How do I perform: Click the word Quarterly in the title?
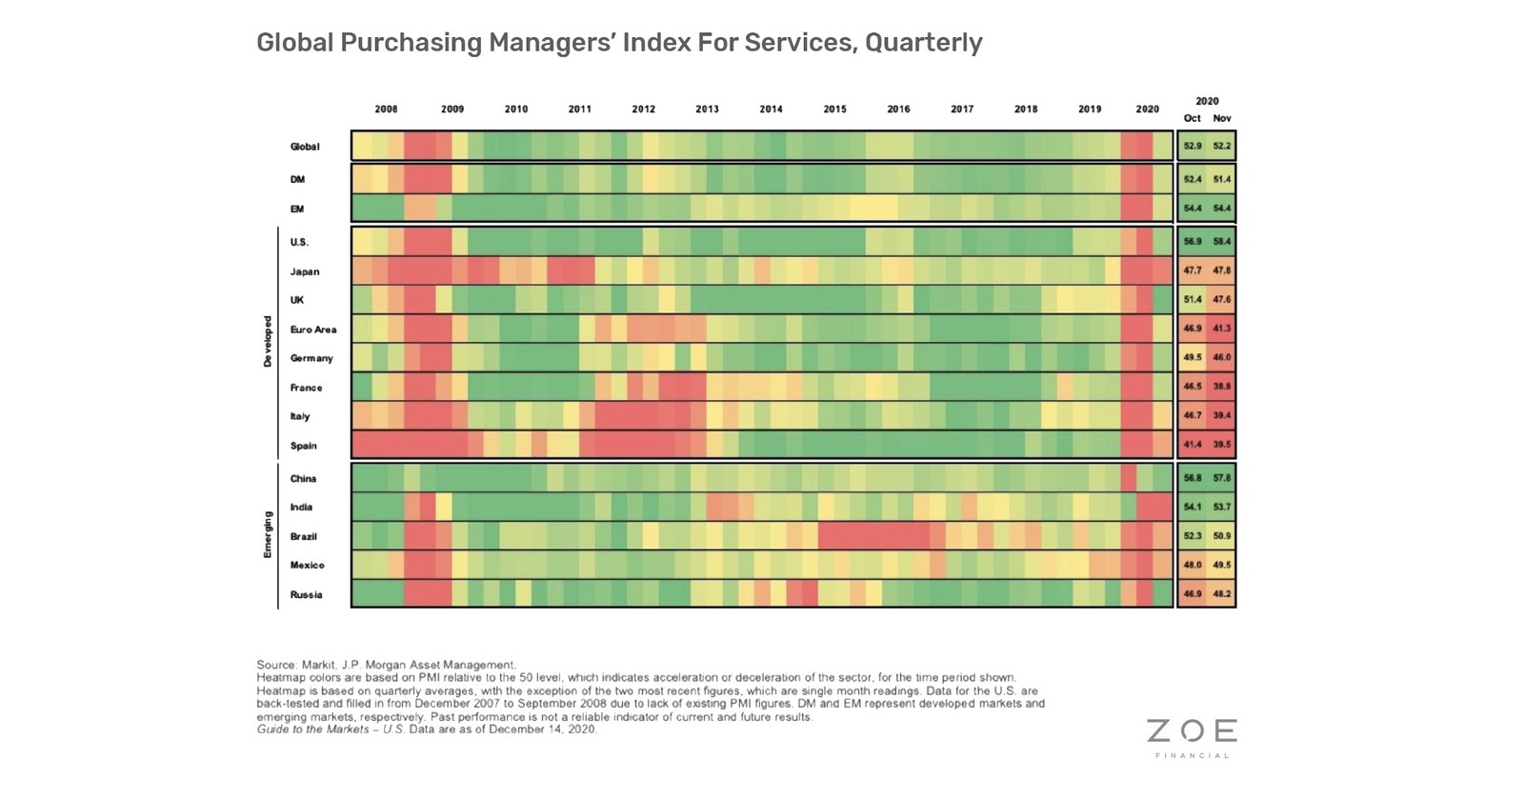click(x=923, y=43)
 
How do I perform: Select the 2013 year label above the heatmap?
click(x=707, y=110)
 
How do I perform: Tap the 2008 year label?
click(x=386, y=110)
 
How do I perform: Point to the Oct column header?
click(x=1192, y=118)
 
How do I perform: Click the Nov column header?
click(x=1222, y=118)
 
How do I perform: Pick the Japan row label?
click(x=305, y=271)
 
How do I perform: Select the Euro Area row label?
click(x=313, y=329)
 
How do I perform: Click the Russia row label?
click(x=306, y=594)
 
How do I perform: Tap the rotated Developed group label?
click(x=268, y=341)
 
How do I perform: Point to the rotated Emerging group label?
click(x=268, y=534)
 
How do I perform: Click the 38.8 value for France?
click(x=1222, y=387)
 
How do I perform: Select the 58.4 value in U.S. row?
click(x=1222, y=241)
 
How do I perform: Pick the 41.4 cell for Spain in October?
click(x=1192, y=444)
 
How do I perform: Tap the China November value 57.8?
click(x=1222, y=478)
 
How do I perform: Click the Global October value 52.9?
click(x=1192, y=146)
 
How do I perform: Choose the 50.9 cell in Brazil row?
click(x=1222, y=535)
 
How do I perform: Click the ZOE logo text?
click(x=1192, y=731)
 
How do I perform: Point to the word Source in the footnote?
click(x=275, y=665)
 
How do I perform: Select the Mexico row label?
click(x=307, y=565)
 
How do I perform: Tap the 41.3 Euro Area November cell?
click(x=1222, y=328)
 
